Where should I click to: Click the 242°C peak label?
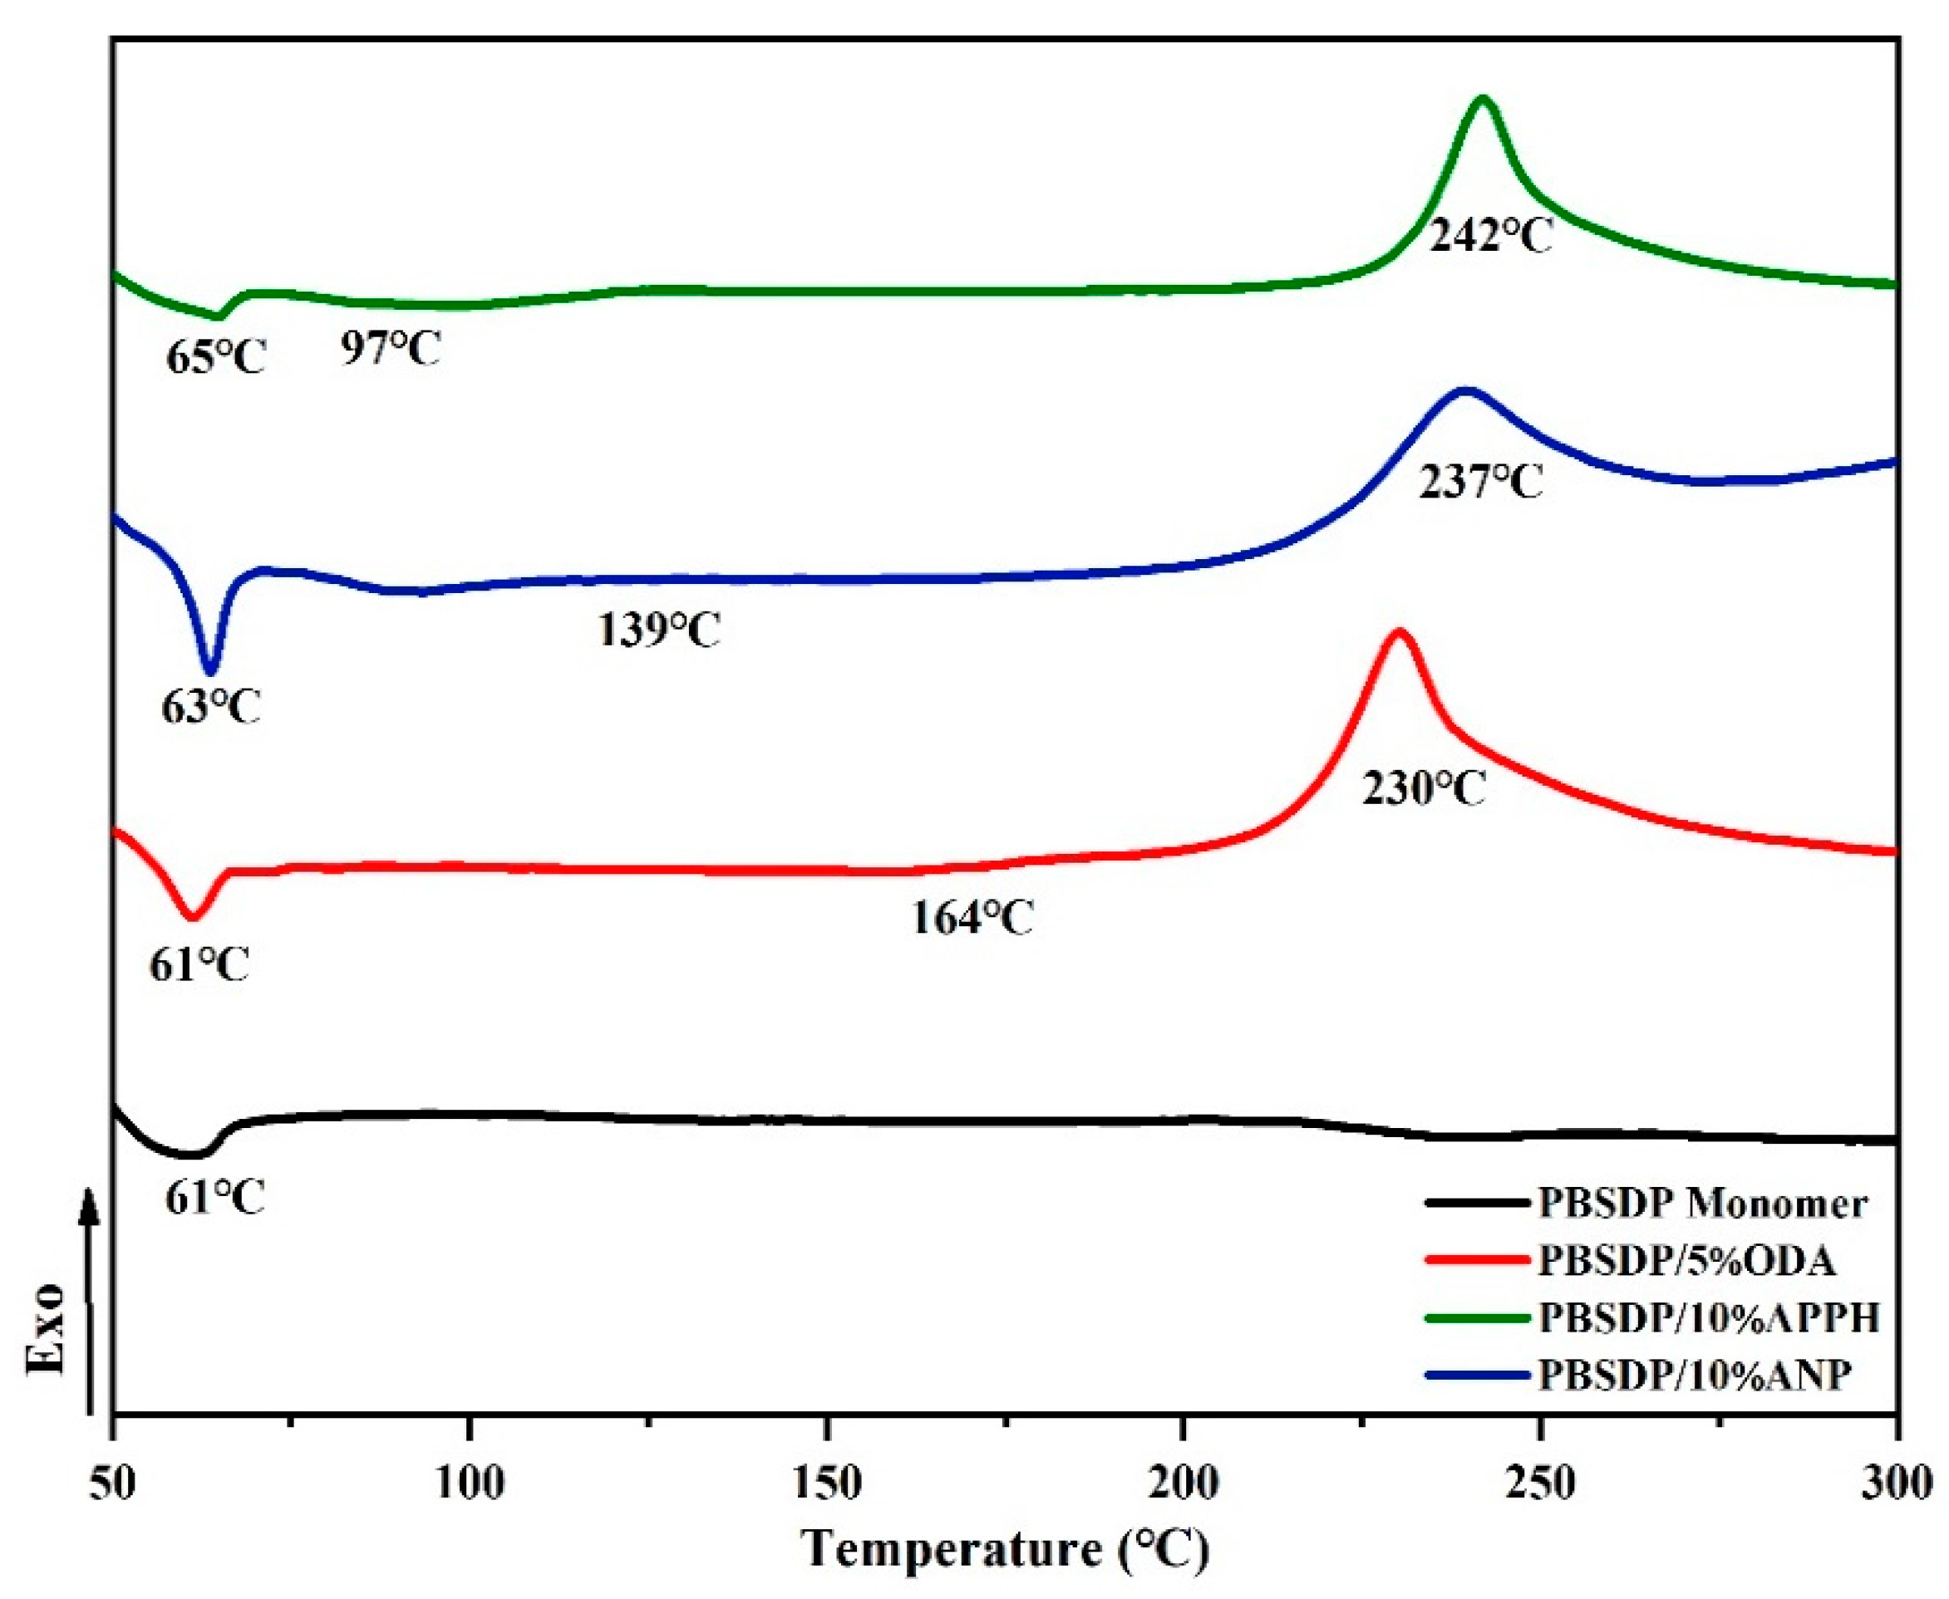tap(1491, 237)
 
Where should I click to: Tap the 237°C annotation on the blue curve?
tap(1480, 482)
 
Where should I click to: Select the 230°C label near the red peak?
tap(1425, 788)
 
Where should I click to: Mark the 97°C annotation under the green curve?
tap(391, 349)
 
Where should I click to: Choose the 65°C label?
tap(215, 357)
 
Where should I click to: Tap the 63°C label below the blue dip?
tap(212, 708)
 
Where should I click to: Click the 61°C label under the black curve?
tap(215, 1198)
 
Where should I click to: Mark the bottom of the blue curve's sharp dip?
tap(210, 671)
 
